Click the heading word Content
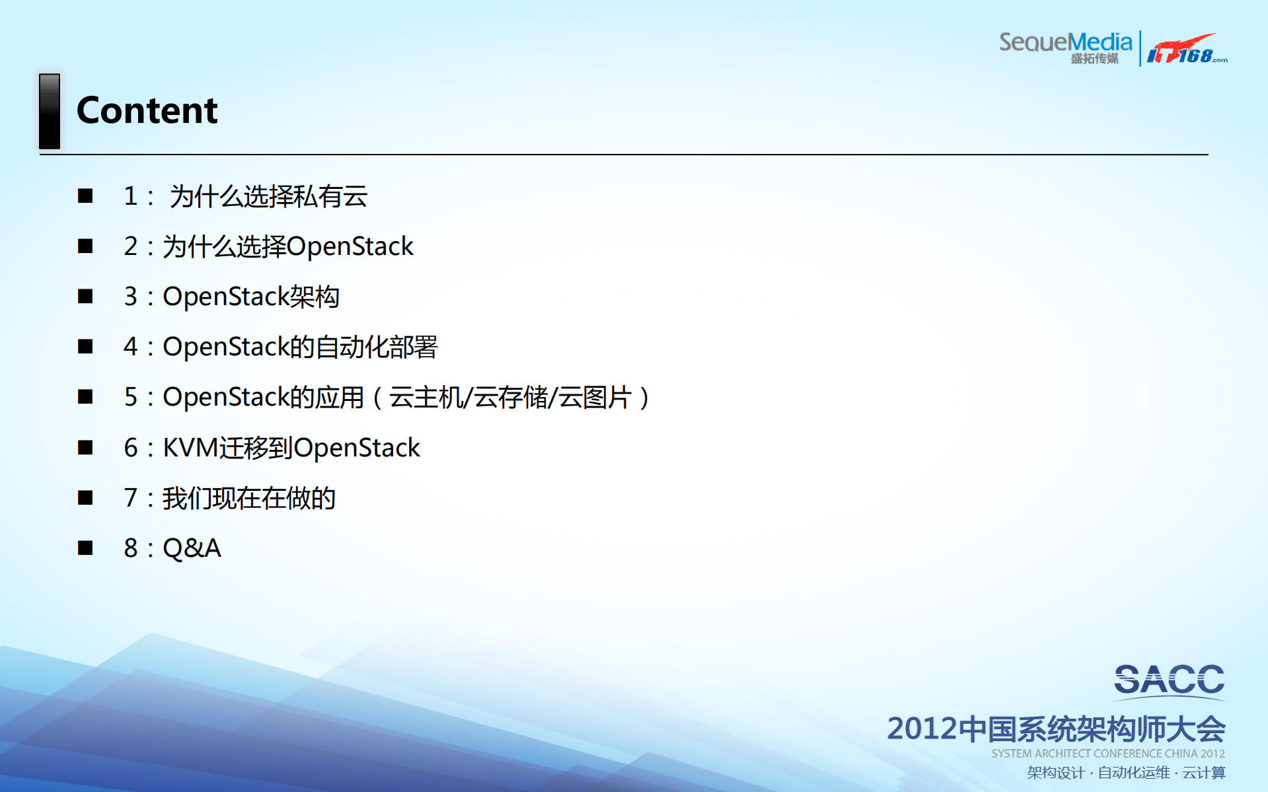147,110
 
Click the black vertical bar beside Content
50,111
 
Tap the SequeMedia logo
1064,46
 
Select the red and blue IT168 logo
1186,50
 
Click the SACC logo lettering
1169,680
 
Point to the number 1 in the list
130,196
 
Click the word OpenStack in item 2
350,246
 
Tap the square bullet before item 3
85,297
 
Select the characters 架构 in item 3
315,297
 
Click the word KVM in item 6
190,448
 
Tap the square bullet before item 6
85,448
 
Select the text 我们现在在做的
249,498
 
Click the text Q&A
192,548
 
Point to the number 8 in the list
130,548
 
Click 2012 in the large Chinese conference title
922,729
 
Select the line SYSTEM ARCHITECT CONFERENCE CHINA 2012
1107,754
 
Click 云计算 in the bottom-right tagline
1204,773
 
